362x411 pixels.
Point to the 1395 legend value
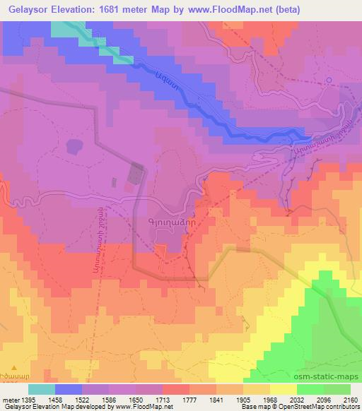pos(22,400)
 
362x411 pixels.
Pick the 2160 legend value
pos(350,400)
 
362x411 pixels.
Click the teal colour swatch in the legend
pos(42,390)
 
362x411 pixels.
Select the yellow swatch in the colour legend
pos(283,390)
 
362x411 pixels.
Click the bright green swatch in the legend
pos(310,390)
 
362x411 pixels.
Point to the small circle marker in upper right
pos(328,80)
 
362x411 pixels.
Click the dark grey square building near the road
pos(136,171)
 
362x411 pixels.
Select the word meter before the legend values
pos(9,400)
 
